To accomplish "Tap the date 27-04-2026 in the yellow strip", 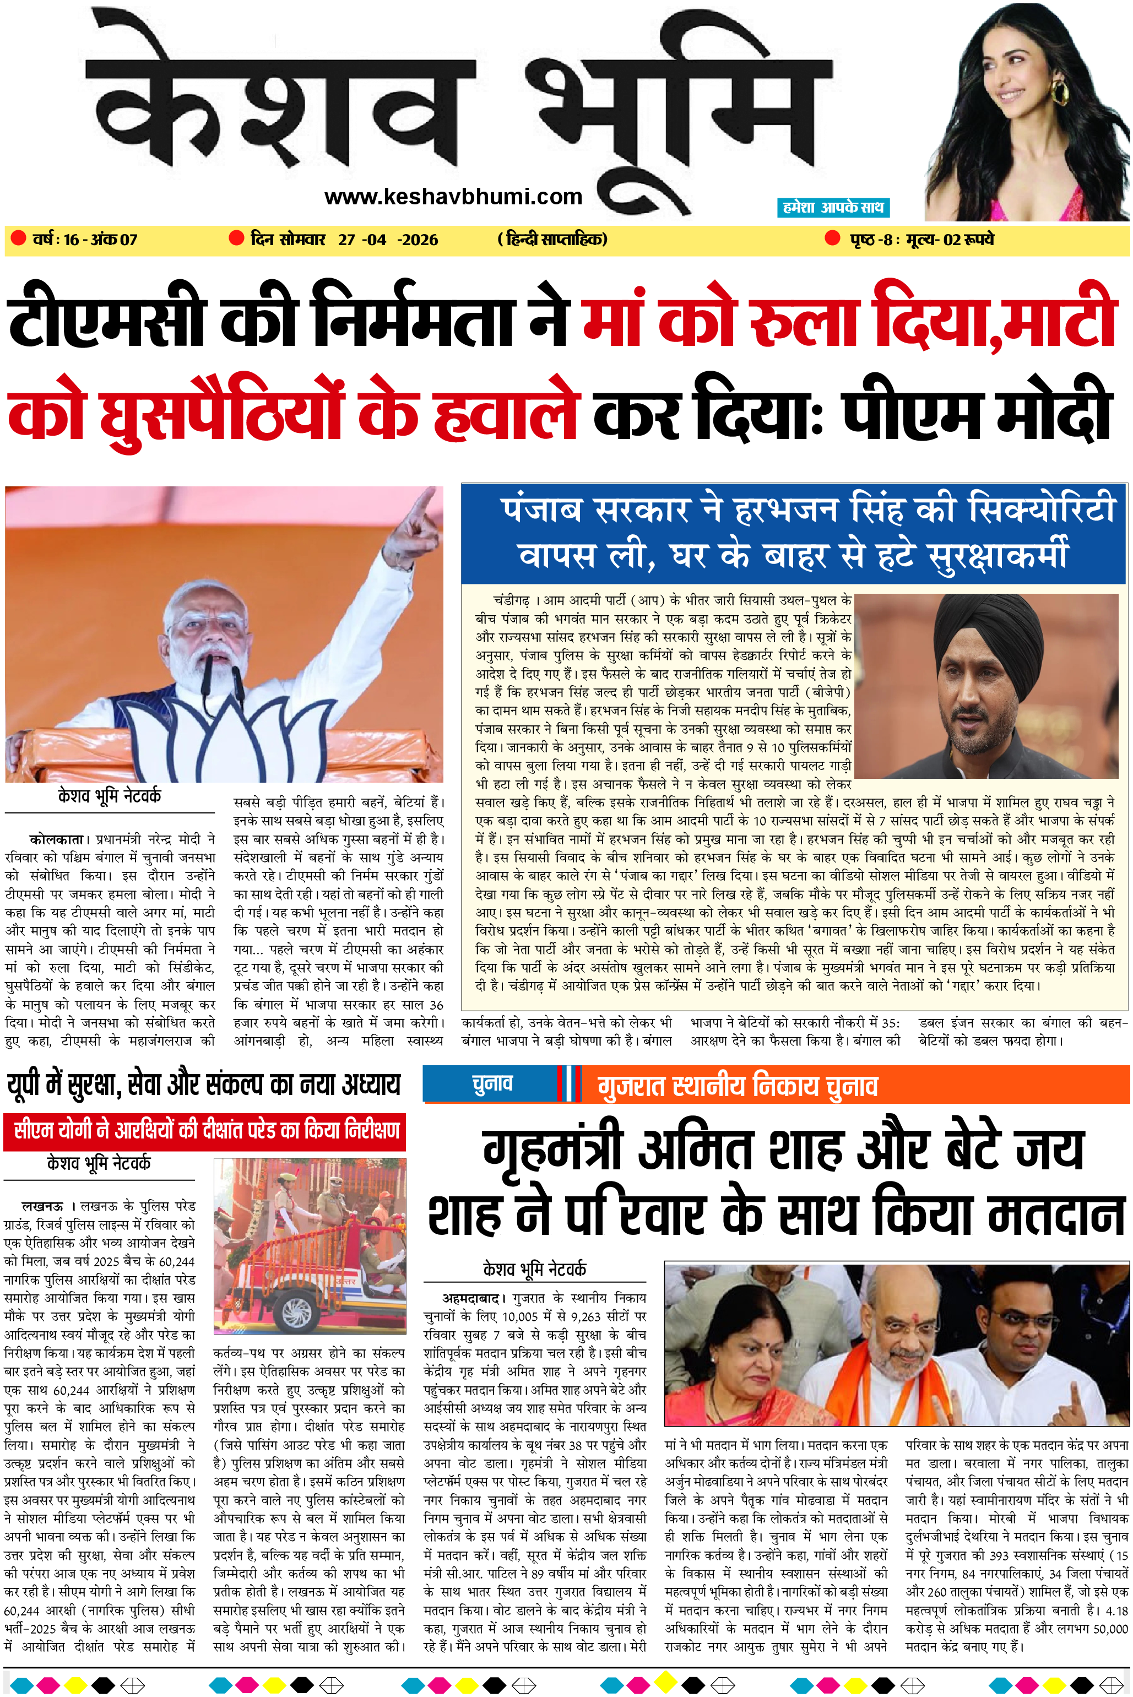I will tap(387, 239).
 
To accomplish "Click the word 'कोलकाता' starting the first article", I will tap(58, 839).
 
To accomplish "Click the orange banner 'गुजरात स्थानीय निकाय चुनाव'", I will tap(737, 1086).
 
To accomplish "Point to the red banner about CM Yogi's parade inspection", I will tap(205, 1131).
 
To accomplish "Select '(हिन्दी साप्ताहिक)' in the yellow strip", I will tap(553, 239).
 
